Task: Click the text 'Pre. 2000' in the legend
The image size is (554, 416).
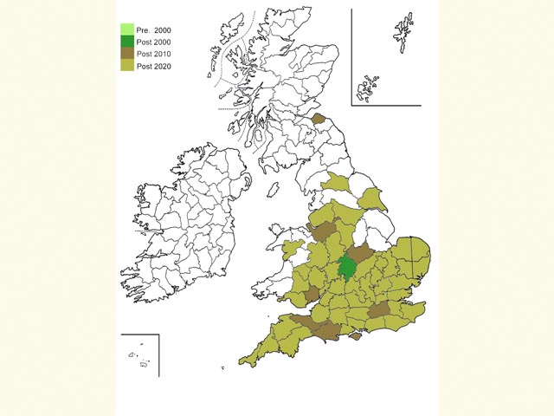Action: [154, 29]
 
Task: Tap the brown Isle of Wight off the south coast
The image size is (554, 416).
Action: [353, 336]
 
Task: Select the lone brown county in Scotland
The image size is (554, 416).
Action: [318, 119]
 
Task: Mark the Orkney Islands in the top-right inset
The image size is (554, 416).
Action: [369, 87]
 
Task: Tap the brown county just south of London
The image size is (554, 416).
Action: [379, 311]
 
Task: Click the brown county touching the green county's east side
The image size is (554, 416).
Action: [364, 257]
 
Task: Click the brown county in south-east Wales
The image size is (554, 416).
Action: [311, 294]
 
